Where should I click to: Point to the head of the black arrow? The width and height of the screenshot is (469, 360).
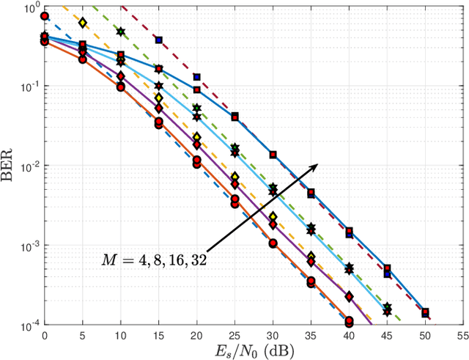tap(317, 164)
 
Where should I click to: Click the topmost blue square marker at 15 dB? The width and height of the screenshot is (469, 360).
tap(159, 40)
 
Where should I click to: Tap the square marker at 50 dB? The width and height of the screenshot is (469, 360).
tap(425, 312)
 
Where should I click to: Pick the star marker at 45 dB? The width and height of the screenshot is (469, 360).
tap(387, 308)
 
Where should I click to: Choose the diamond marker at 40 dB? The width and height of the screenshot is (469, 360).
tap(349, 296)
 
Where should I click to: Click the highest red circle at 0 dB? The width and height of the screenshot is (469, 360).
tap(45, 15)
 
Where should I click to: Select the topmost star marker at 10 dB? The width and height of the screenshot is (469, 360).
tap(121, 32)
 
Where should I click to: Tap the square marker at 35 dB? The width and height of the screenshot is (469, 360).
tap(311, 194)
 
